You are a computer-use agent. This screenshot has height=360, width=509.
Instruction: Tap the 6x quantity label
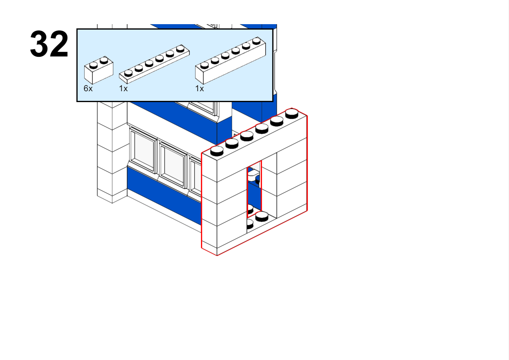click(88, 88)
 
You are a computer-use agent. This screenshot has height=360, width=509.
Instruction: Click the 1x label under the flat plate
click(123, 88)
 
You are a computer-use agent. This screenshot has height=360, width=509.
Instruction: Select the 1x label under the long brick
click(199, 88)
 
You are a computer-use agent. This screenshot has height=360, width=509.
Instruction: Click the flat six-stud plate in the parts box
click(154, 64)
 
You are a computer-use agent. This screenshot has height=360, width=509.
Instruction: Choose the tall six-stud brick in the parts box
click(230, 60)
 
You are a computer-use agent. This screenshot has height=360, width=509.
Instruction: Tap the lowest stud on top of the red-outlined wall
click(217, 151)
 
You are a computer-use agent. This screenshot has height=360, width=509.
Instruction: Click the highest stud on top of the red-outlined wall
click(292, 113)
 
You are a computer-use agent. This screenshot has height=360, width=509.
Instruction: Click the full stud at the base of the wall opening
click(262, 216)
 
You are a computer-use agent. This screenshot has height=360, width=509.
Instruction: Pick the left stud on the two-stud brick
click(93, 65)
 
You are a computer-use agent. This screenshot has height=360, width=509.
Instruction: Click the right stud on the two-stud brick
click(104, 60)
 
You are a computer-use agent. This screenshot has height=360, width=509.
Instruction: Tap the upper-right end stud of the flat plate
click(180, 49)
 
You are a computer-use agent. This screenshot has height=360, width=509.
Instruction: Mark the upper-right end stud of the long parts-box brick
click(257, 41)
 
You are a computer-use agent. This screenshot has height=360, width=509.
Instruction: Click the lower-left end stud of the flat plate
click(128, 73)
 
